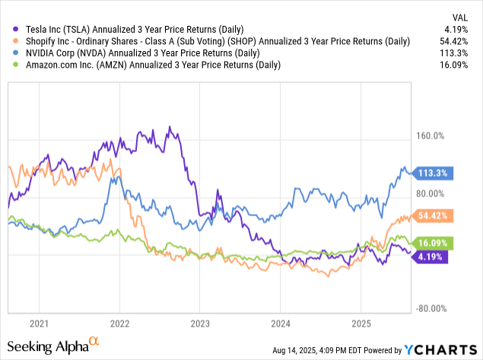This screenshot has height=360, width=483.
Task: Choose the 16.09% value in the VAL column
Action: click(x=459, y=65)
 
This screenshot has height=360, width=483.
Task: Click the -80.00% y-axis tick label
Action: click(x=429, y=309)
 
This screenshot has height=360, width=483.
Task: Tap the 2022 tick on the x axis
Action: click(x=119, y=323)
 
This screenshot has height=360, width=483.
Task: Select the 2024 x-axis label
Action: click(x=280, y=323)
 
